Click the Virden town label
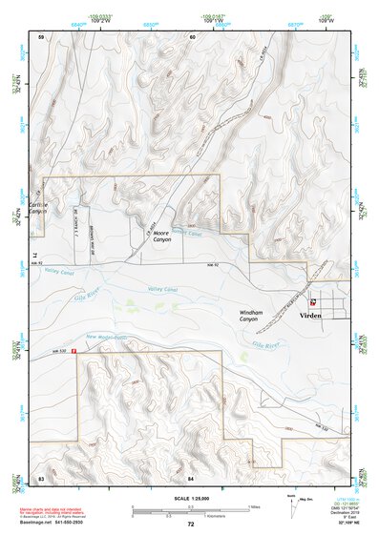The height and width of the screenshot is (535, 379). [x=311, y=315]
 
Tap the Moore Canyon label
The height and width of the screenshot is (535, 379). [x=163, y=237]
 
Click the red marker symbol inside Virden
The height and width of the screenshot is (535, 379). [x=313, y=302]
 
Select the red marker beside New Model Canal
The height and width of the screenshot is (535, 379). [x=74, y=349]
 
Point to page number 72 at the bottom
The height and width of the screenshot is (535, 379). [x=191, y=525]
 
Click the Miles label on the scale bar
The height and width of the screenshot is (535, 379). [x=254, y=506]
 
